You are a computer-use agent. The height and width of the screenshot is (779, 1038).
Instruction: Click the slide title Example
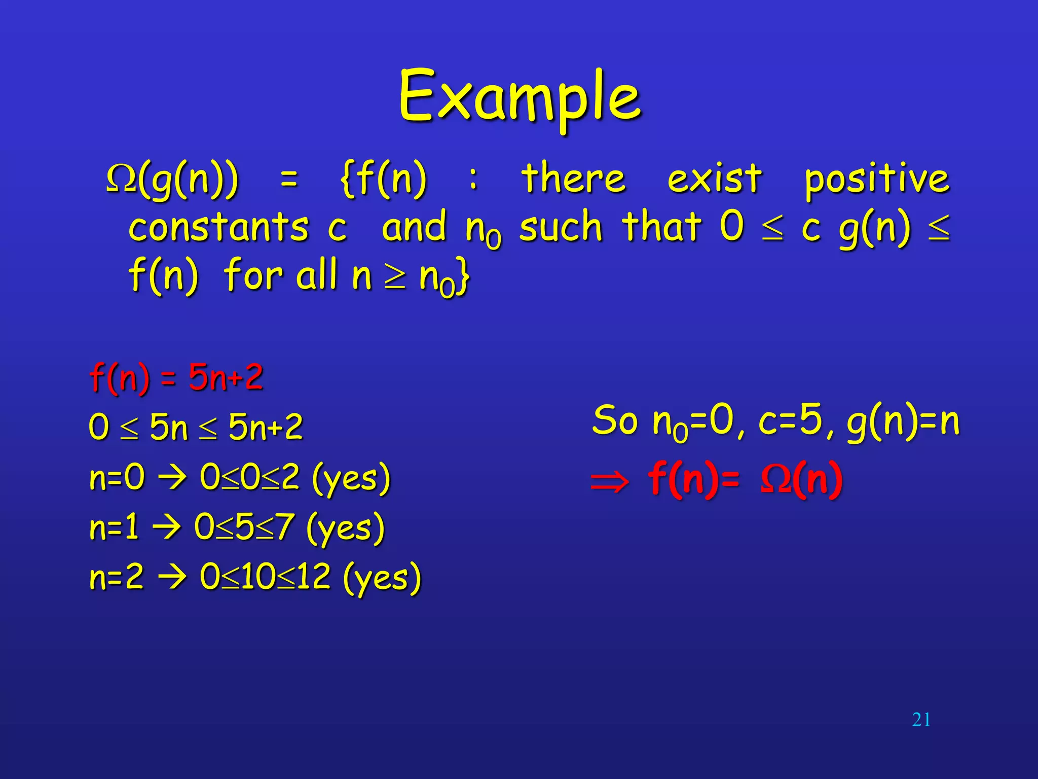point(520,97)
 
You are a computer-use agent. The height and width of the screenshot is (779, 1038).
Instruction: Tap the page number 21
point(921,720)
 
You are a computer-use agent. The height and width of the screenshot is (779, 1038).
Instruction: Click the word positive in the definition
point(877,180)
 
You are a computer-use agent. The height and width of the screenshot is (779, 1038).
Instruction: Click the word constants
point(218,227)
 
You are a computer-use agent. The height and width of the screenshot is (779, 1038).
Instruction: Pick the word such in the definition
point(561,227)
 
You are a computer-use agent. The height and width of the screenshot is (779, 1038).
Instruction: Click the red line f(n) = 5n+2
point(176,378)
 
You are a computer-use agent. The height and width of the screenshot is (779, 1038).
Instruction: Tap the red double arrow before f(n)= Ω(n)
point(610,481)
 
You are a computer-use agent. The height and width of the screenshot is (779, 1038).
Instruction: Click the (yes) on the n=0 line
point(351,478)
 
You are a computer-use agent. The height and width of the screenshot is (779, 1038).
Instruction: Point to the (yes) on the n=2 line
point(382,578)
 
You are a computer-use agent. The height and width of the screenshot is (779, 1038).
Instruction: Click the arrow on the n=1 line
point(166,528)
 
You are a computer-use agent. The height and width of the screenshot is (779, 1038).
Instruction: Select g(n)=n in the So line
point(903,422)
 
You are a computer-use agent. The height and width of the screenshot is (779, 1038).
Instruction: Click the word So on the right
point(614,421)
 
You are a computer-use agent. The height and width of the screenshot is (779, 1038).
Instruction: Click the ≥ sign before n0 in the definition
point(395,278)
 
